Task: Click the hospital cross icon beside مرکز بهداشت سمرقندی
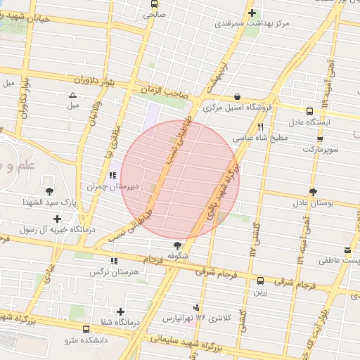click(252, 13)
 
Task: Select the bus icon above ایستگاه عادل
click(309, 110)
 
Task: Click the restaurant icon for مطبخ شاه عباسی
click(261, 127)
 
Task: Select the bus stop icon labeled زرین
click(260, 279)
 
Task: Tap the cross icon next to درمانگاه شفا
click(121, 311)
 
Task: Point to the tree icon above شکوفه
click(177, 245)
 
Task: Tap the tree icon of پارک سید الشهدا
click(49, 191)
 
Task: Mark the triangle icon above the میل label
click(72, 96)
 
